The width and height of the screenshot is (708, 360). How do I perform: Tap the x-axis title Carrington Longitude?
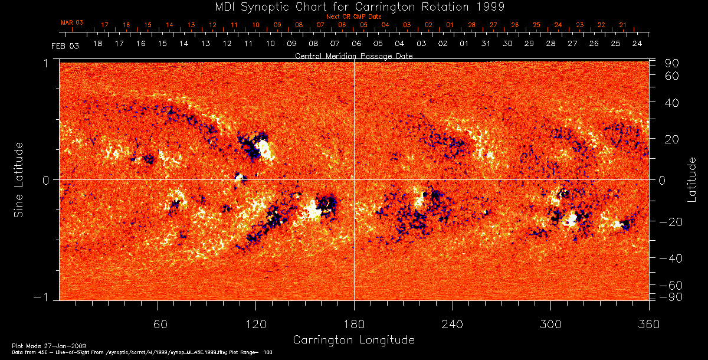coord(353,340)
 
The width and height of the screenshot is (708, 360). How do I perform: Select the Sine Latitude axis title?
coord(19,179)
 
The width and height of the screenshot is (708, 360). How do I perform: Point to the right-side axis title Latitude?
coord(691,179)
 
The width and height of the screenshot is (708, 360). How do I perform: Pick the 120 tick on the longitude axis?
coord(255,324)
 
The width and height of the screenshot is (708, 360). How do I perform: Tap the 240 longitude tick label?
coord(452,324)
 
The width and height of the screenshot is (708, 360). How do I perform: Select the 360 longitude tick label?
coord(648,324)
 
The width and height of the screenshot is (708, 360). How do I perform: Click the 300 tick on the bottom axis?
coord(550,324)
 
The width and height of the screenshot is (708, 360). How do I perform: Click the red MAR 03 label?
coord(72,22)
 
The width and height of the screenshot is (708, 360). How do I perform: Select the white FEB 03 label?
coord(65,45)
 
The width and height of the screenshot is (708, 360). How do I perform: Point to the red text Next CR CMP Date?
coord(353,17)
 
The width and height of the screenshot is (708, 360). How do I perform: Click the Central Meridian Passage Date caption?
coord(353,56)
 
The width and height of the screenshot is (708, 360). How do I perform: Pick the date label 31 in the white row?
coord(486,44)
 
